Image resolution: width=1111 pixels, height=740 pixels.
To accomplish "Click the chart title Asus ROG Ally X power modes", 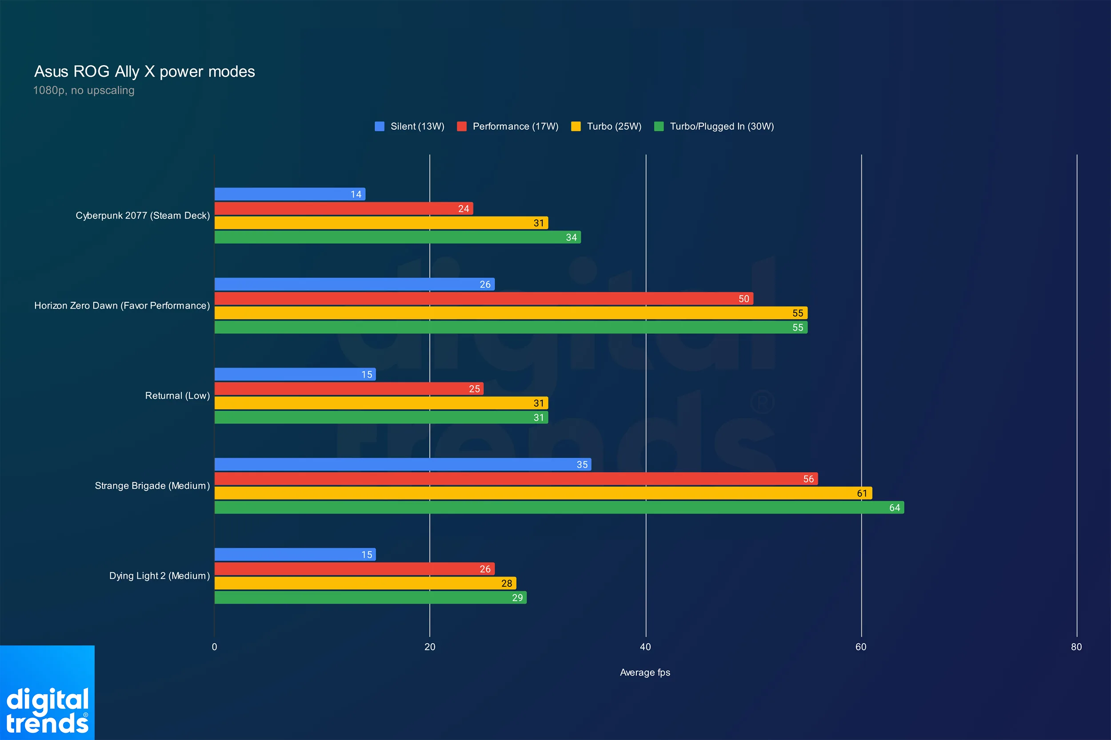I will click(x=144, y=71).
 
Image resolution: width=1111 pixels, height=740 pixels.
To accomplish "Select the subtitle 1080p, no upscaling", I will click(x=84, y=90).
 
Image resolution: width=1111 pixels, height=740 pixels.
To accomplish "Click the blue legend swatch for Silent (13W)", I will click(x=380, y=127).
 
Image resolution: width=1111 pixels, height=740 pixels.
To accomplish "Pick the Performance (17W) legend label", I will click(x=516, y=127).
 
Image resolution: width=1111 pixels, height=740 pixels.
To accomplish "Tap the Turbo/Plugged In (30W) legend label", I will click(x=721, y=127).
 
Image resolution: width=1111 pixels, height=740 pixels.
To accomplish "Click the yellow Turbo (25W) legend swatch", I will click(x=575, y=127).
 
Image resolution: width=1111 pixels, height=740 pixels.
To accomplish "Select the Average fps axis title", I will click(x=645, y=673).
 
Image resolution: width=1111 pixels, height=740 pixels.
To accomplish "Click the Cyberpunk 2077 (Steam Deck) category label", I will click(x=143, y=216).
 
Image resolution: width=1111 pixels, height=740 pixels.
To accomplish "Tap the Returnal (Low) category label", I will click(x=177, y=396).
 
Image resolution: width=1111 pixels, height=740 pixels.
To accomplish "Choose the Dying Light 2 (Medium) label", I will click(x=159, y=576).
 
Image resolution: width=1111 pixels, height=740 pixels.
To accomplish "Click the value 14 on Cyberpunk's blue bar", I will click(x=356, y=194).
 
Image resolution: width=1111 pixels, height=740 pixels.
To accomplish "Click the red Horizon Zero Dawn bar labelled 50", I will click(x=483, y=299).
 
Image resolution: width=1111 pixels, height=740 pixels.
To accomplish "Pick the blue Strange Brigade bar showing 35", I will click(x=403, y=465).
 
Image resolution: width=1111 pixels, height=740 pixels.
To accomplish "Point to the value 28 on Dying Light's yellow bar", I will click(x=506, y=584).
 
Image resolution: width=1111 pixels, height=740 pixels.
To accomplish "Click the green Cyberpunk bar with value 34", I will click(x=397, y=237).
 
